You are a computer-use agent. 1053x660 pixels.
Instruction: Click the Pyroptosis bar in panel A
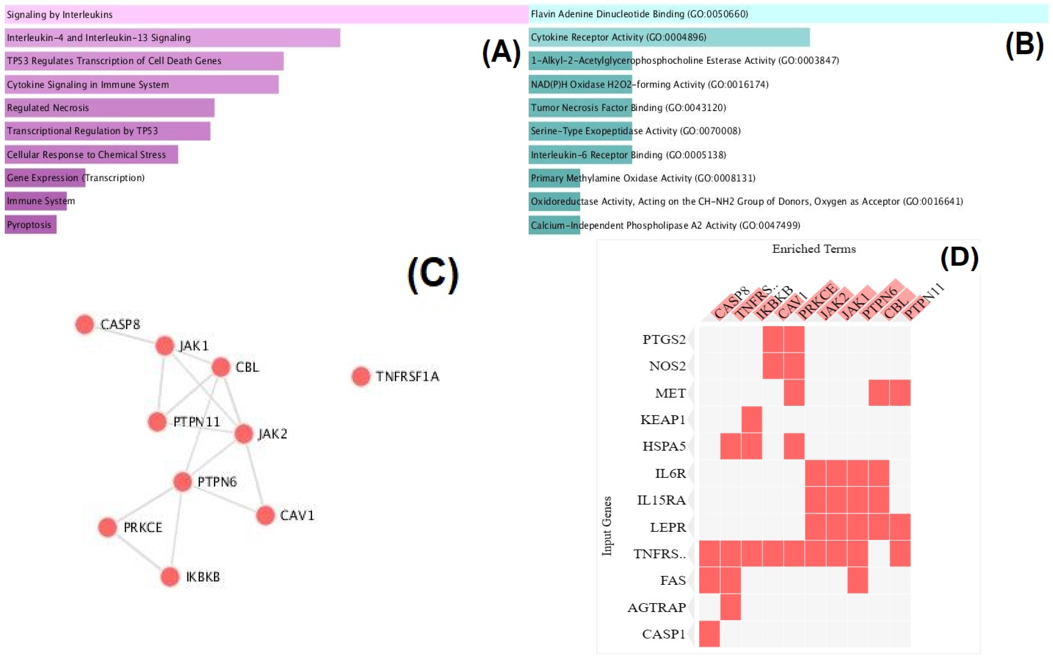click(31, 225)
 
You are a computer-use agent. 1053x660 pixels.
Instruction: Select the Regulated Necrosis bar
click(109, 108)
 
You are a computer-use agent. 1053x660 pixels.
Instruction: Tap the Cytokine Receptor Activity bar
click(669, 37)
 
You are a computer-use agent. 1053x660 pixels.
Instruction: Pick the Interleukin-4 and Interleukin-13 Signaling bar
click(172, 38)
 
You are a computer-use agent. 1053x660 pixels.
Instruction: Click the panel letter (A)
click(501, 52)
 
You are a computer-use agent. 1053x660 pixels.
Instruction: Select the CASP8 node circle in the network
click(85, 324)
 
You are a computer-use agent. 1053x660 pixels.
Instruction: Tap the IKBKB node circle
click(170, 577)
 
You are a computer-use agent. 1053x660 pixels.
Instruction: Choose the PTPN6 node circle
click(182, 482)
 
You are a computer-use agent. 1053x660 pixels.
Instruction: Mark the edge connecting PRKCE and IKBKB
click(139, 552)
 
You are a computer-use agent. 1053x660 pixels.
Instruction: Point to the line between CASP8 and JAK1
click(125, 335)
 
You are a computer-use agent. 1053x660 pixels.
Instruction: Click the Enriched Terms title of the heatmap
click(814, 249)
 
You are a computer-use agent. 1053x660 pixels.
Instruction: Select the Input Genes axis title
click(607, 526)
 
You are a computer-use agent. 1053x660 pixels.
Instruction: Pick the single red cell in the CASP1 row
click(709, 634)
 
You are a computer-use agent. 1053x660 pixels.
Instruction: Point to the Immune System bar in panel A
click(36, 201)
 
